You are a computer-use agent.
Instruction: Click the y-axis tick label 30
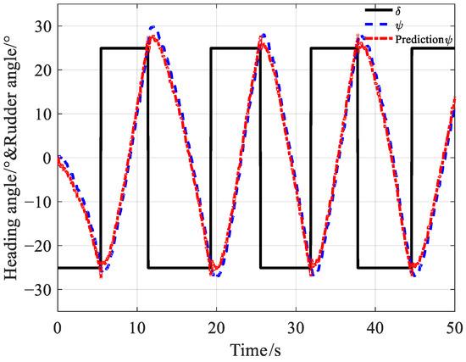point(42,25)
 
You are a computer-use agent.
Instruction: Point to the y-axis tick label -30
point(39,290)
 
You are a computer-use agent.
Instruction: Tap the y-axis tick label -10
point(39,202)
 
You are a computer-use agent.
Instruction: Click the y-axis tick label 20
point(42,70)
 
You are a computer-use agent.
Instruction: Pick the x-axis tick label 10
point(136,327)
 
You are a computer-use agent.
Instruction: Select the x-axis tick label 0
point(58,327)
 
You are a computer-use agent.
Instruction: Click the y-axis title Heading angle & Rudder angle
point(14,159)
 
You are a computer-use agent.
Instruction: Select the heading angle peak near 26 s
point(264,36)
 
